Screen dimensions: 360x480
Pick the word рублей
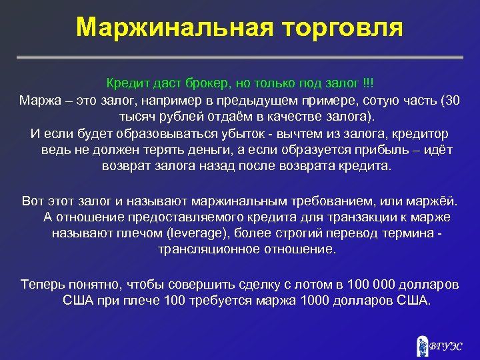click(175, 116)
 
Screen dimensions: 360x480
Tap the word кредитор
click(422, 133)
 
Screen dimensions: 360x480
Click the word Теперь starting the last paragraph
click(43, 283)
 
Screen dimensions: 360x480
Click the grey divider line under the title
click(239, 58)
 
